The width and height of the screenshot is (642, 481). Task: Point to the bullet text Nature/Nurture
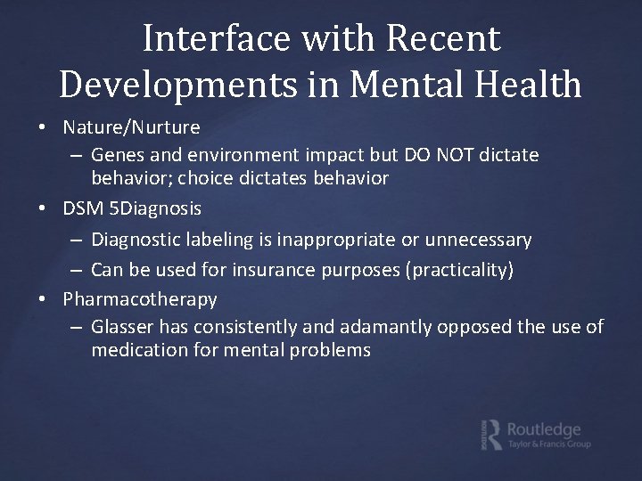[131, 127]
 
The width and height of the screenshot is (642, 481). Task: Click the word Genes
[117, 155]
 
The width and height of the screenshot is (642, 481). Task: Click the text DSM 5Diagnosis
[132, 208]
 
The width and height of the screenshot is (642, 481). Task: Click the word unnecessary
[479, 240]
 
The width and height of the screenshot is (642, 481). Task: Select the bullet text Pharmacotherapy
[140, 298]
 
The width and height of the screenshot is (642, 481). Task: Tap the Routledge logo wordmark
[544, 428]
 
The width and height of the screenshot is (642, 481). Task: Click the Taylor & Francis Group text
[548, 444]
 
